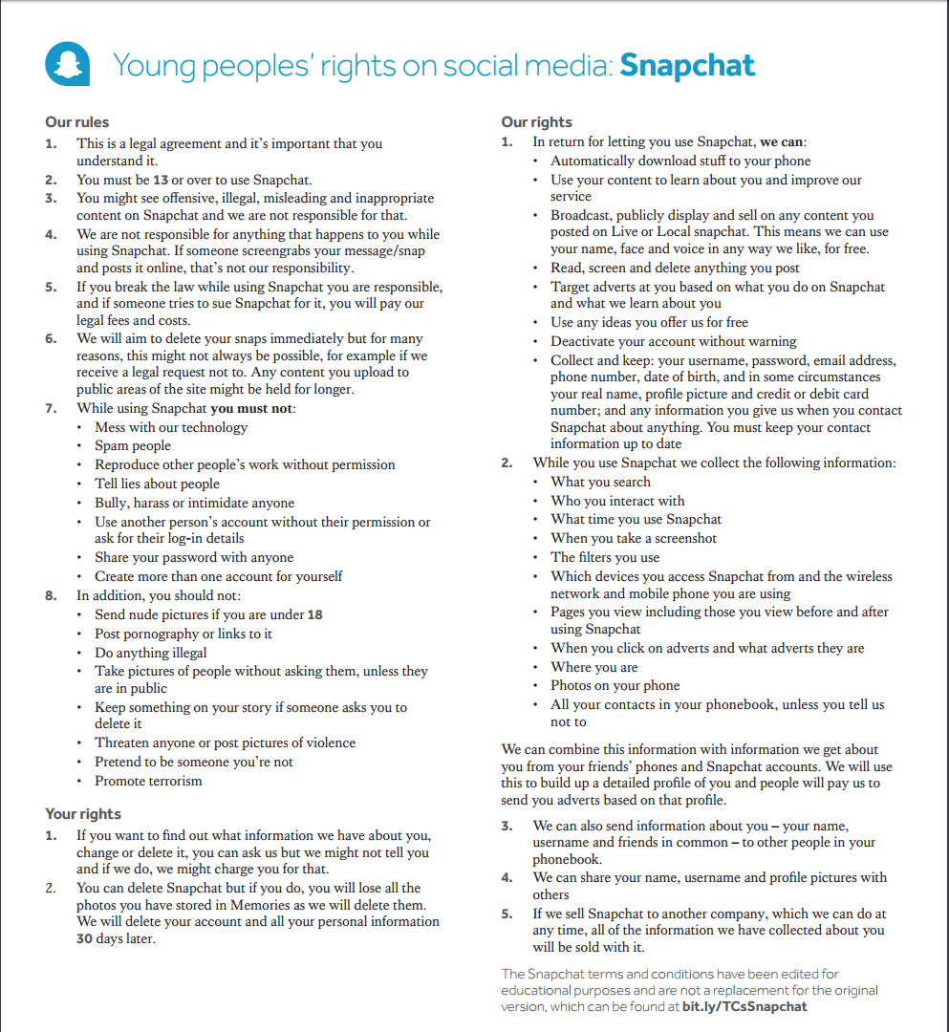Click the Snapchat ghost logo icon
coord(68,64)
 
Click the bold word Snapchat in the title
coord(687,65)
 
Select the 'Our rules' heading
coord(77,122)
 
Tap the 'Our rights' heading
coord(536,122)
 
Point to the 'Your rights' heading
coord(83,814)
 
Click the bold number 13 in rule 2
coord(161,180)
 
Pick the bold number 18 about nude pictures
coord(314,614)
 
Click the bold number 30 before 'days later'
coord(86,938)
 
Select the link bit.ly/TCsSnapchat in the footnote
coord(744,1006)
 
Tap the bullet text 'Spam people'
coord(133,445)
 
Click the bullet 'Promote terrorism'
coord(148,781)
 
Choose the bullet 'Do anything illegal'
coord(150,653)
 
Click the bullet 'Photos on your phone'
coord(615,685)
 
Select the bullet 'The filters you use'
coord(605,557)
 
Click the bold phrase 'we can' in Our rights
coord(781,142)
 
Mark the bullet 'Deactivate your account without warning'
coord(673,341)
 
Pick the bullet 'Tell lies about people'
coord(157,484)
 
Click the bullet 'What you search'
coord(600,482)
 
